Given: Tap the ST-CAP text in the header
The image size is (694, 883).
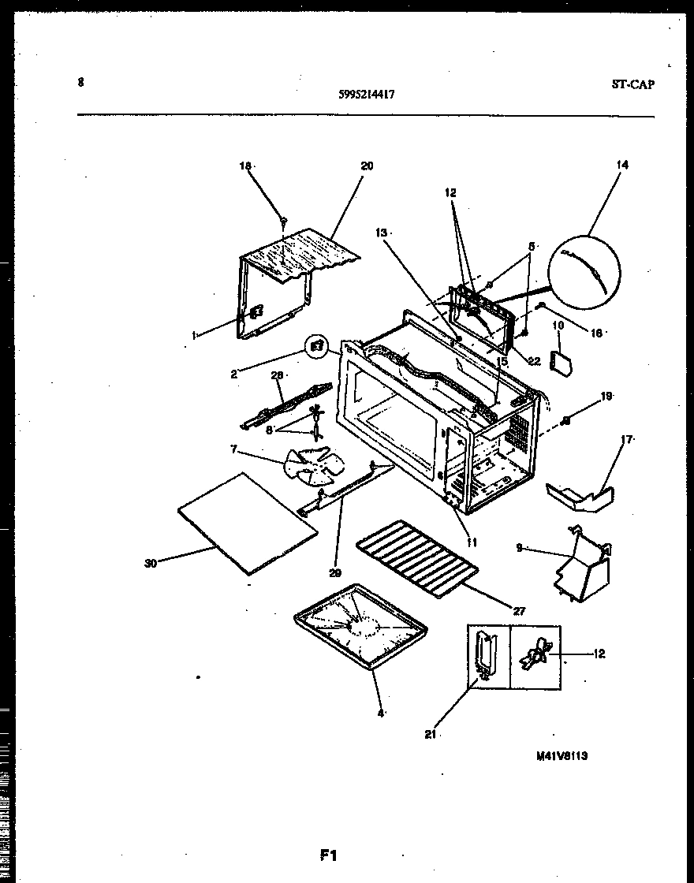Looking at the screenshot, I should point(632,85).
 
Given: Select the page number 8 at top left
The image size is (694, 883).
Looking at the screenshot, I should point(80,81).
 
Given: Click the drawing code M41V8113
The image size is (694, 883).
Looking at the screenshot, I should point(562,754).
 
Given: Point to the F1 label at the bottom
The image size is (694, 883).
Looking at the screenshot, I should point(328,855).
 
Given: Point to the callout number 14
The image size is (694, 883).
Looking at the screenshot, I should point(622,165).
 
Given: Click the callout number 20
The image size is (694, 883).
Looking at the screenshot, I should point(367,166).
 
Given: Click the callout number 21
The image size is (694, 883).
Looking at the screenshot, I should point(431,734).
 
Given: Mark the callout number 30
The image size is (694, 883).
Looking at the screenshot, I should point(151,563).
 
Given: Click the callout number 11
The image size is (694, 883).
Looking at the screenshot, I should point(472,542).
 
